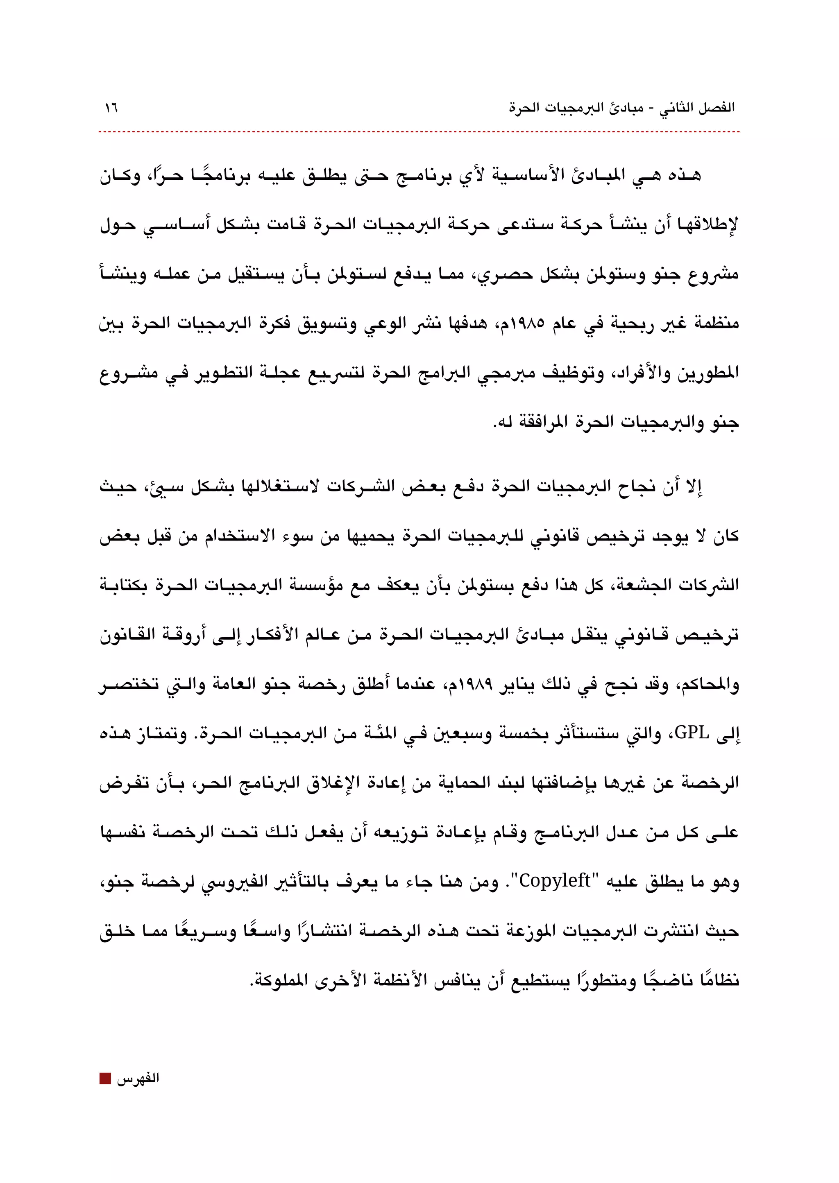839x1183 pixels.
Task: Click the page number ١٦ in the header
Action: [x=111, y=108]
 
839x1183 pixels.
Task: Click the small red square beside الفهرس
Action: [x=105, y=1079]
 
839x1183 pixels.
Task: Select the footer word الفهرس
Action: [x=138, y=1079]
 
